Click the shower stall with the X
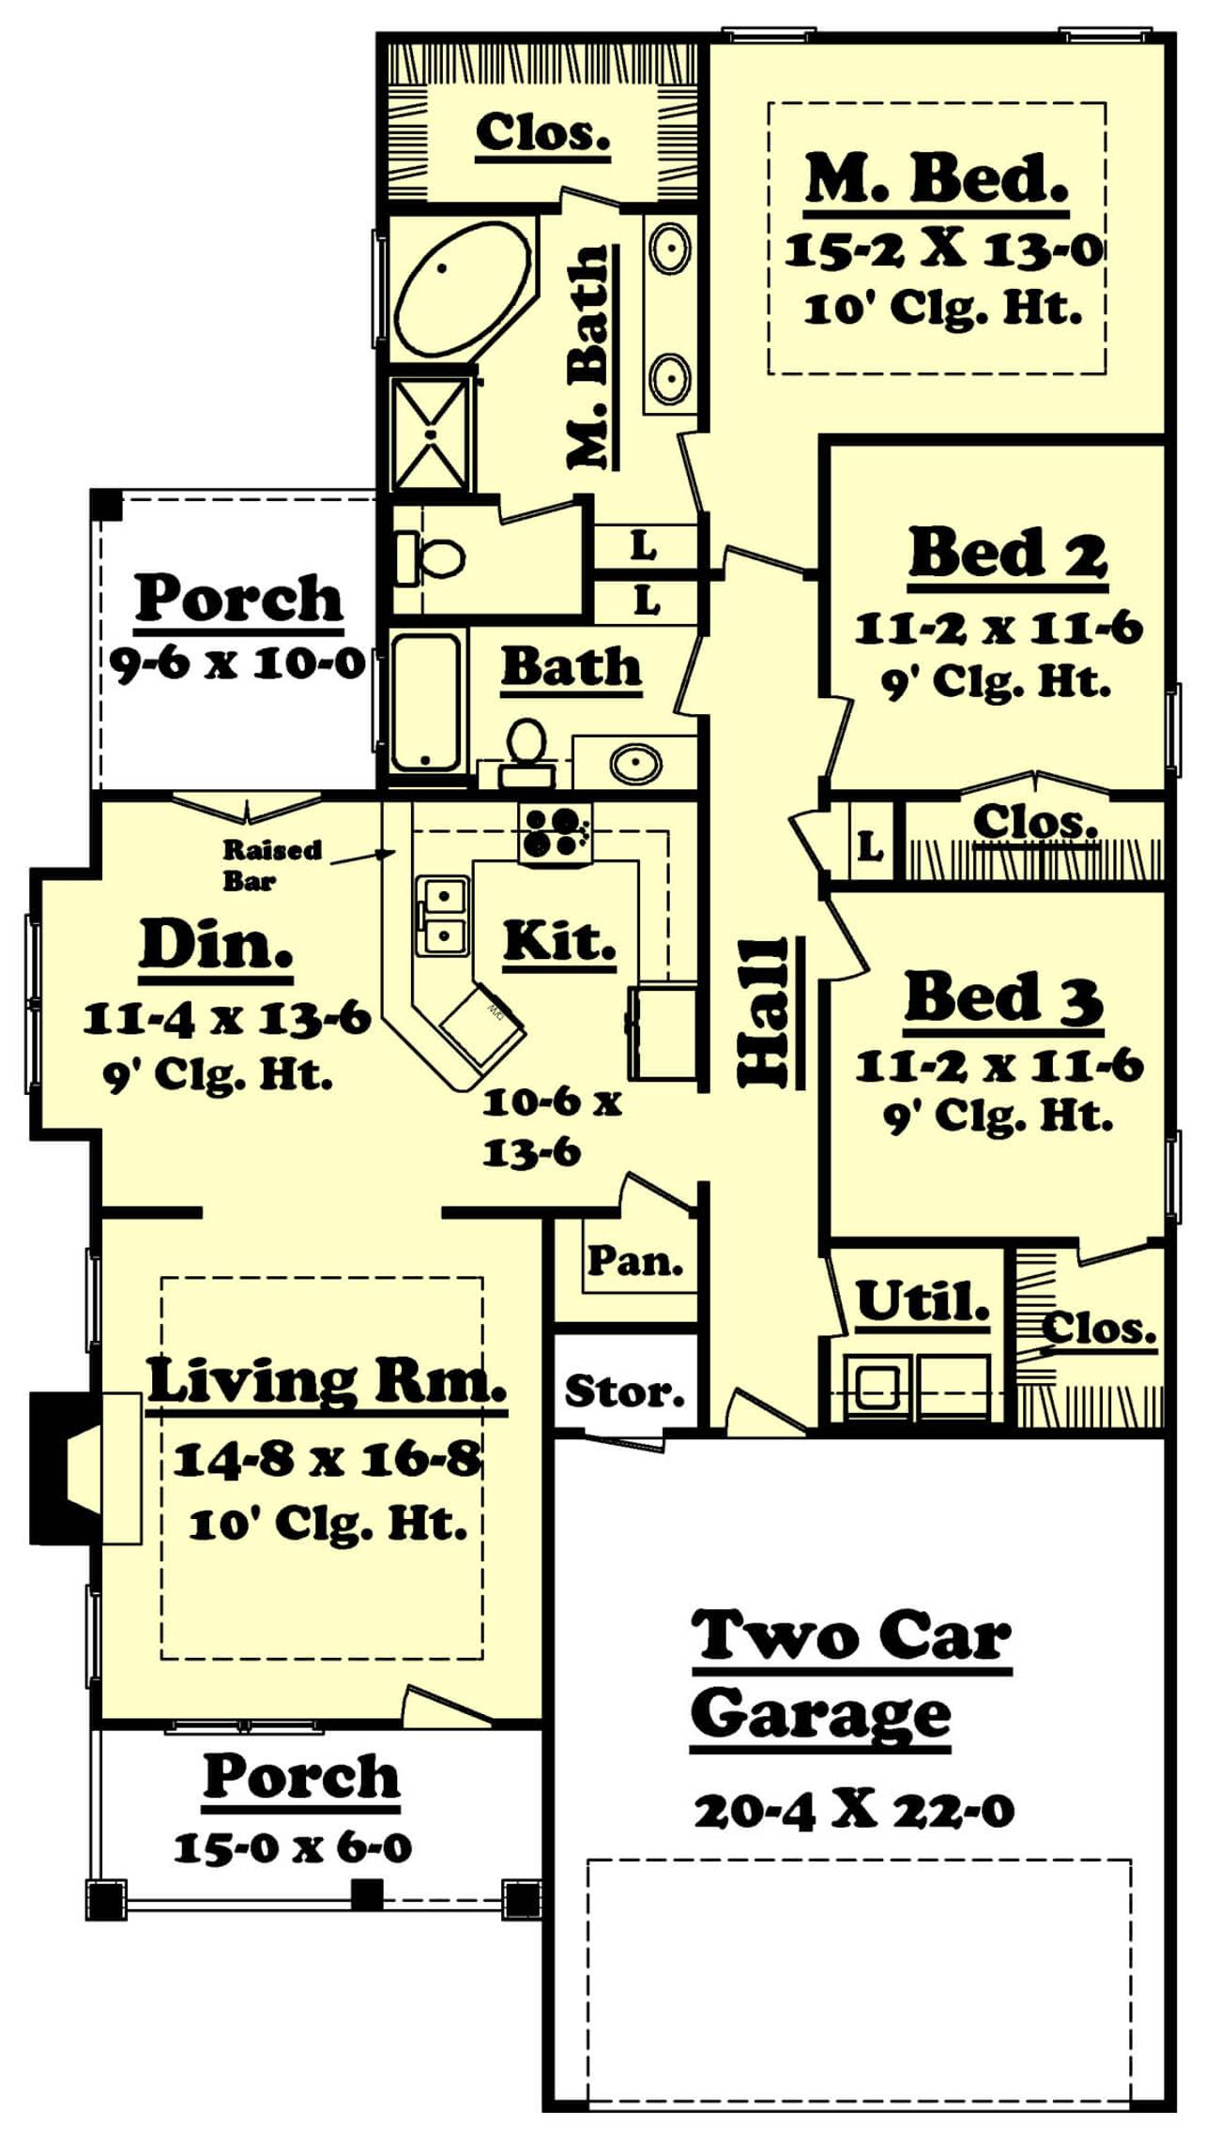tap(430, 433)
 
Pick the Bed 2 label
tap(1007, 555)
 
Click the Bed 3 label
tap(1002, 998)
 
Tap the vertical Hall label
tap(764, 1011)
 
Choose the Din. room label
tap(216, 945)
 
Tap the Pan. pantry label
tap(635, 1261)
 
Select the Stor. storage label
tap(624, 1391)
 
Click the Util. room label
tap(923, 1301)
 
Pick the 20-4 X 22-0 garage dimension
tap(854, 1811)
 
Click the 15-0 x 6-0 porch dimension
tap(293, 1848)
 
